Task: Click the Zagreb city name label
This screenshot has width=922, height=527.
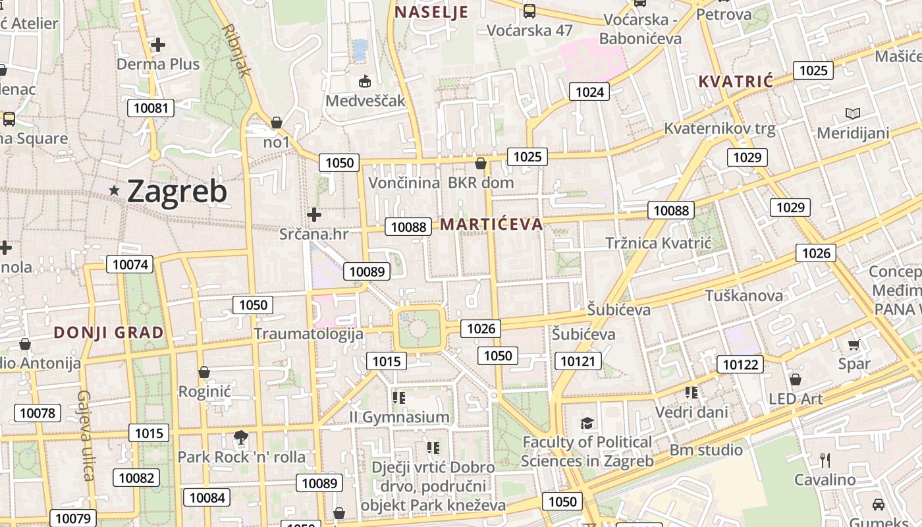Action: click(176, 192)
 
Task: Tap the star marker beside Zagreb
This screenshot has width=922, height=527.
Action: click(115, 190)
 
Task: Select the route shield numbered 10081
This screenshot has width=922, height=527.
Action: click(151, 108)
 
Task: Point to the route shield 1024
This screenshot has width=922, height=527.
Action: click(589, 92)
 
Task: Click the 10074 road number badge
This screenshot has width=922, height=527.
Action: click(130, 265)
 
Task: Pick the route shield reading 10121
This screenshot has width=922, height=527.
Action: click(578, 360)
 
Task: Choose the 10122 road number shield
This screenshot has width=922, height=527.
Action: click(740, 364)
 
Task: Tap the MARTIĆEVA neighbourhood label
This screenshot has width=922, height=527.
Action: click(491, 224)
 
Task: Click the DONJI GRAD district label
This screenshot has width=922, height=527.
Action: click(109, 333)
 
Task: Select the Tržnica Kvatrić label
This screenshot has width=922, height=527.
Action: click(659, 243)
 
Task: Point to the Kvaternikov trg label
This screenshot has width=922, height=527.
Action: click(720, 128)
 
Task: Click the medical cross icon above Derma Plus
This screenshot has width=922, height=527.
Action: click(158, 45)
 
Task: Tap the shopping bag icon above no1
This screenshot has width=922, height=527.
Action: click(277, 123)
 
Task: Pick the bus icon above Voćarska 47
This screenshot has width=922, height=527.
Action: click(529, 11)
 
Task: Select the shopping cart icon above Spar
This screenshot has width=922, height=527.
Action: click(854, 345)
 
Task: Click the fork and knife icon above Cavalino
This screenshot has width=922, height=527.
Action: click(825, 460)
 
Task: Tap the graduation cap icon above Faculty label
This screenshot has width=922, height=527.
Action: click(587, 423)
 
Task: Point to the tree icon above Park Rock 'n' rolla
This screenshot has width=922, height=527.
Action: click(241, 437)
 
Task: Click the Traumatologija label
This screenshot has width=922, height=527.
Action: click(309, 333)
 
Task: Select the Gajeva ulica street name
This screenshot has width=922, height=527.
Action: click(86, 435)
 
